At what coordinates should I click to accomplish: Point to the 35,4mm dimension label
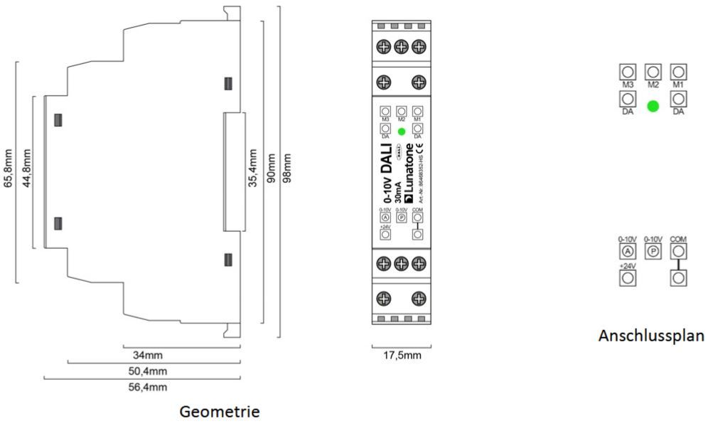[x=253, y=169]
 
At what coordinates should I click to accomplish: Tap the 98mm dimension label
[x=287, y=169]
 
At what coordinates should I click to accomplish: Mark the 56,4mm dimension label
[x=151, y=387]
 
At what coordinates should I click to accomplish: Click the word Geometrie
[x=220, y=412]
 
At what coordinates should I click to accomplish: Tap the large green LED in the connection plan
[x=653, y=107]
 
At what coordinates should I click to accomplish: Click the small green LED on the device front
[x=401, y=132]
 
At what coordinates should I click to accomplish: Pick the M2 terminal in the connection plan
[x=653, y=72]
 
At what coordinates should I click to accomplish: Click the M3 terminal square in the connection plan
[x=627, y=72]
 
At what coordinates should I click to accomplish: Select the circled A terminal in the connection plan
[x=627, y=252]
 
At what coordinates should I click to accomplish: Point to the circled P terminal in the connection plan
[x=653, y=252]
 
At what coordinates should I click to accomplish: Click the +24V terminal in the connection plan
[x=627, y=278]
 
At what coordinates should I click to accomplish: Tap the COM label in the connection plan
[x=678, y=240]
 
